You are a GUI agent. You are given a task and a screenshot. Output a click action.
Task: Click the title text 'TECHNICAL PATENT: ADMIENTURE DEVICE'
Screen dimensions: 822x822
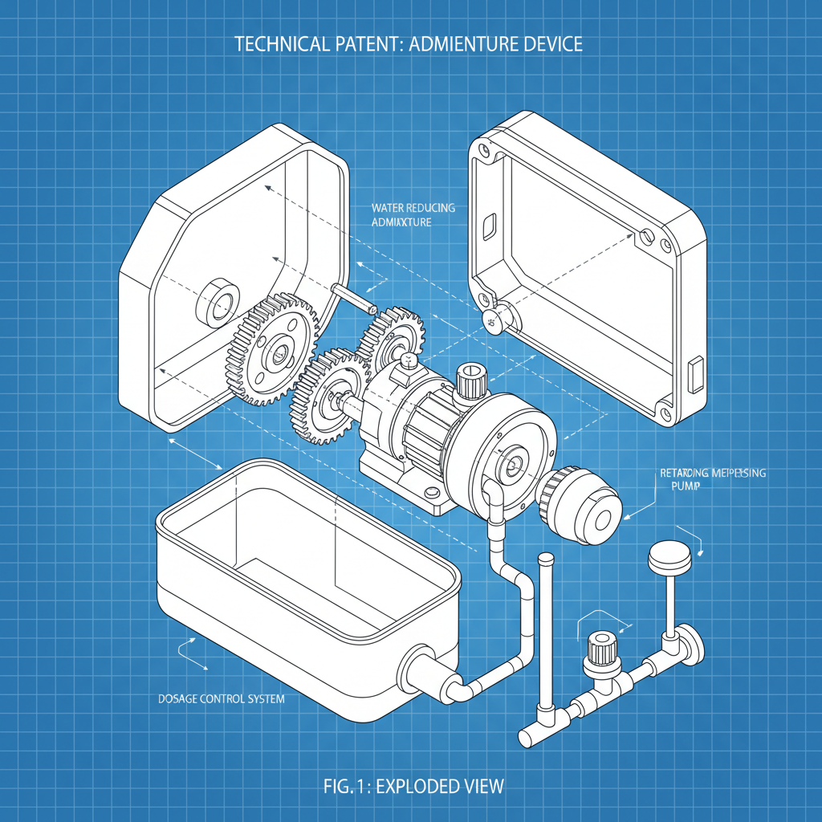tap(409, 43)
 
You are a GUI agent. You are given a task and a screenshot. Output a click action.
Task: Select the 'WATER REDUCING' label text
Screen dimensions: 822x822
tap(413, 208)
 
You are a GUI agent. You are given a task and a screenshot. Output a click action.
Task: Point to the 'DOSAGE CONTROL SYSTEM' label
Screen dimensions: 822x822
tap(218, 699)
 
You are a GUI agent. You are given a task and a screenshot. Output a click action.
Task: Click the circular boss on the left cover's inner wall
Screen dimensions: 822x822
tap(218, 303)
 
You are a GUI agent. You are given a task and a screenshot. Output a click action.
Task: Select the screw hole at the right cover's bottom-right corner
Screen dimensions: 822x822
tap(665, 413)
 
